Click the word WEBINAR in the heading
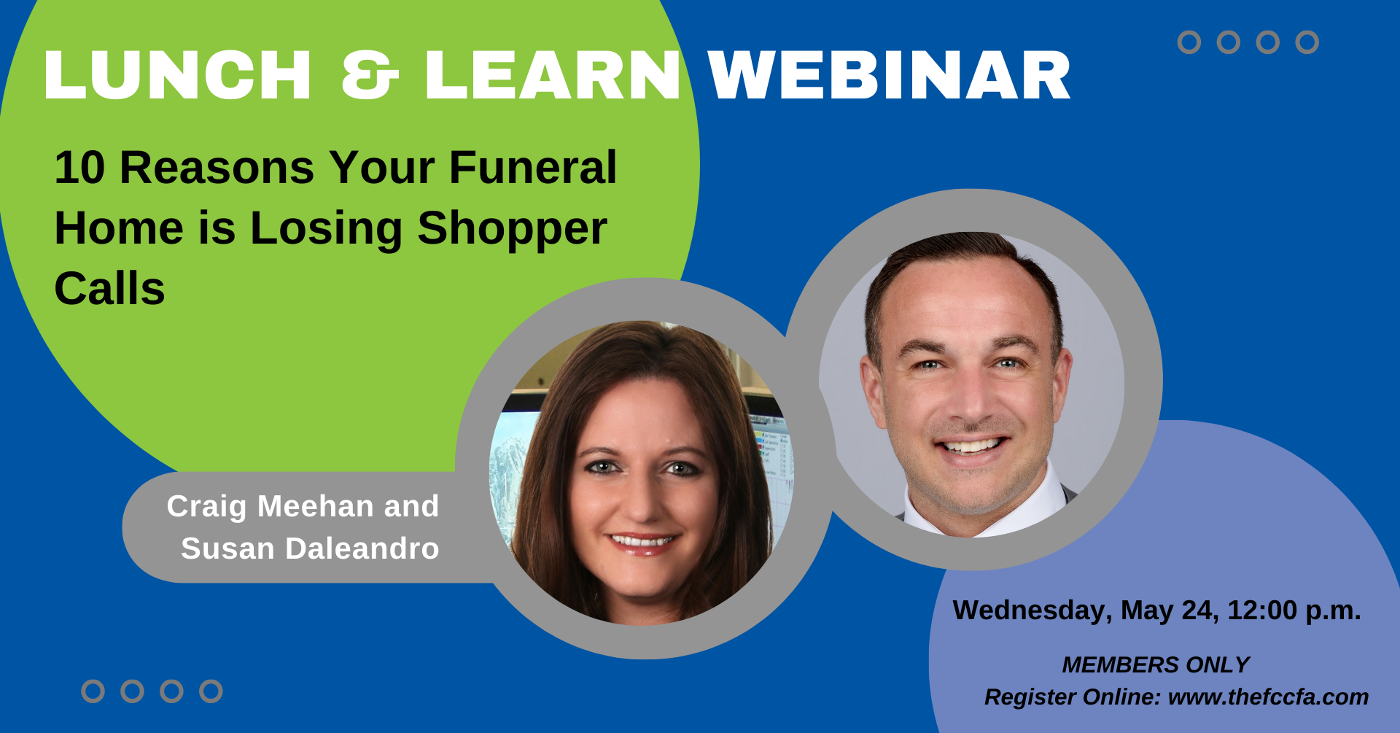(x=889, y=75)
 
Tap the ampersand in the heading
(x=370, y=75)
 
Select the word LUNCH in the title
(x=178, y=75)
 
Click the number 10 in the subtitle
(x=80, y=168)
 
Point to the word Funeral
(x=533, y=168)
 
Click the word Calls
(x=110, y=289)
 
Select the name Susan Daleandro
(x=310, y=548)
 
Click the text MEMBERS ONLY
(x=1156, y=664)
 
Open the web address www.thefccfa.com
(x=1269, y=697)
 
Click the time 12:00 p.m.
(x=1294, y=610)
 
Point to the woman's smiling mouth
(x=642, y=543)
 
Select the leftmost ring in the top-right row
(x=1189, y=42)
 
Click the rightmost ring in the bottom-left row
(x=211, y=691)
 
